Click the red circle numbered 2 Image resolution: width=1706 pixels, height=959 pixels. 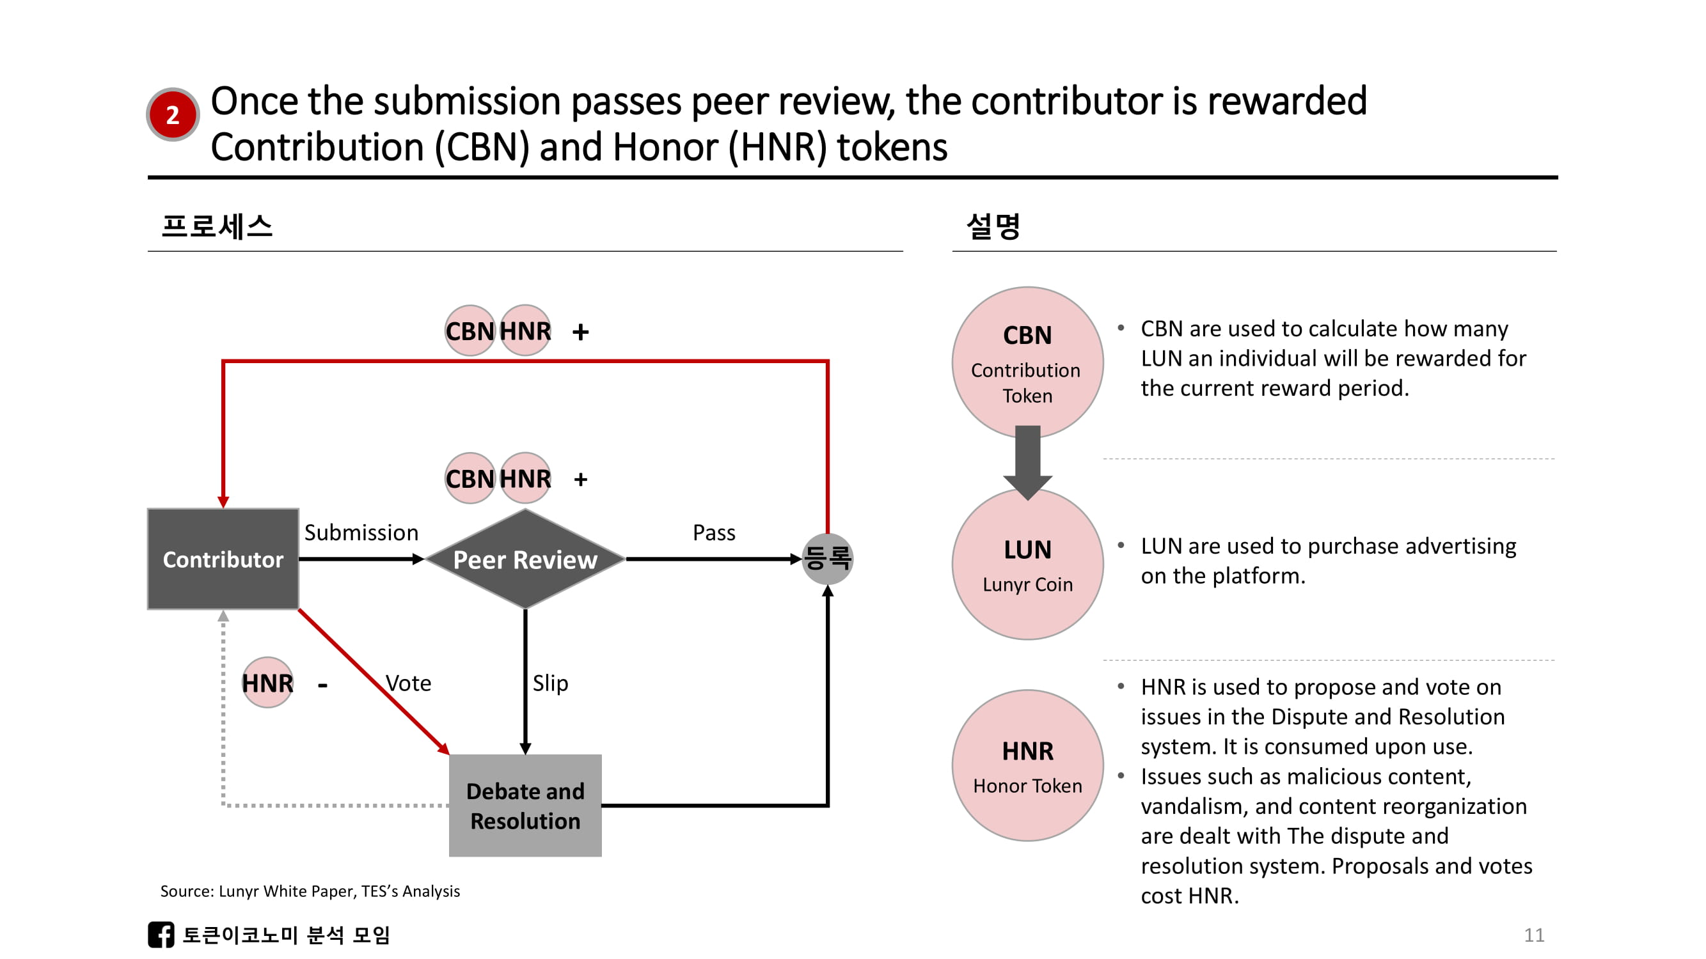pyautogui.click(x=172, y=114)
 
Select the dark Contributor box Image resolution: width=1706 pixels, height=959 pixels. pyautogui.click(x=223, y=559)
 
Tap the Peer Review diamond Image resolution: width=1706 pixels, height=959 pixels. pyautogui.click(x=525, y=559)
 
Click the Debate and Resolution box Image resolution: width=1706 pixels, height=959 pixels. pyautogui.click(x=525, y=806)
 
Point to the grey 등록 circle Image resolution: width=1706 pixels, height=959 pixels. pyautogui.click(x=827, y=559)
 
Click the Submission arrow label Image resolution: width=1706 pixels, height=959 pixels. pyautogui.click(x=361, y=533)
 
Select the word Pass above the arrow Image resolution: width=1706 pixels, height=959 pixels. pyautogui.click(x=713, y=533)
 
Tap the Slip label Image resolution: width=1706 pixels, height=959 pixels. pyautogui.click(x=549, y=683)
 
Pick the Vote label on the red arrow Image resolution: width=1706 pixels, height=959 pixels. pyautogui.click(x=408, y=683)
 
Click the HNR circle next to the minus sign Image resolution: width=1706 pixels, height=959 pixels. pyautogui.click(x=267, y=682)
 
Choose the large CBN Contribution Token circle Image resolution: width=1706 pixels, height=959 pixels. pyautogui.click(x=1027, y=363)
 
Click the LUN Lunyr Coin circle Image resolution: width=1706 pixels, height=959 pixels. pyautogui.click(x=1027, y=564)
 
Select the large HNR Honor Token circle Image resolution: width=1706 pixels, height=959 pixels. pyautogui.click(x=1027, y=766)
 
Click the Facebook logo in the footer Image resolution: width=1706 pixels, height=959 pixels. pyautogui.click(x=161, y=935)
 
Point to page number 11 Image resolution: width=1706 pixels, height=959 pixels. pyautogui.click(x=1534, y=935)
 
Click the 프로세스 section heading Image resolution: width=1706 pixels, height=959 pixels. pyautogui.click(x=217, y=226)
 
